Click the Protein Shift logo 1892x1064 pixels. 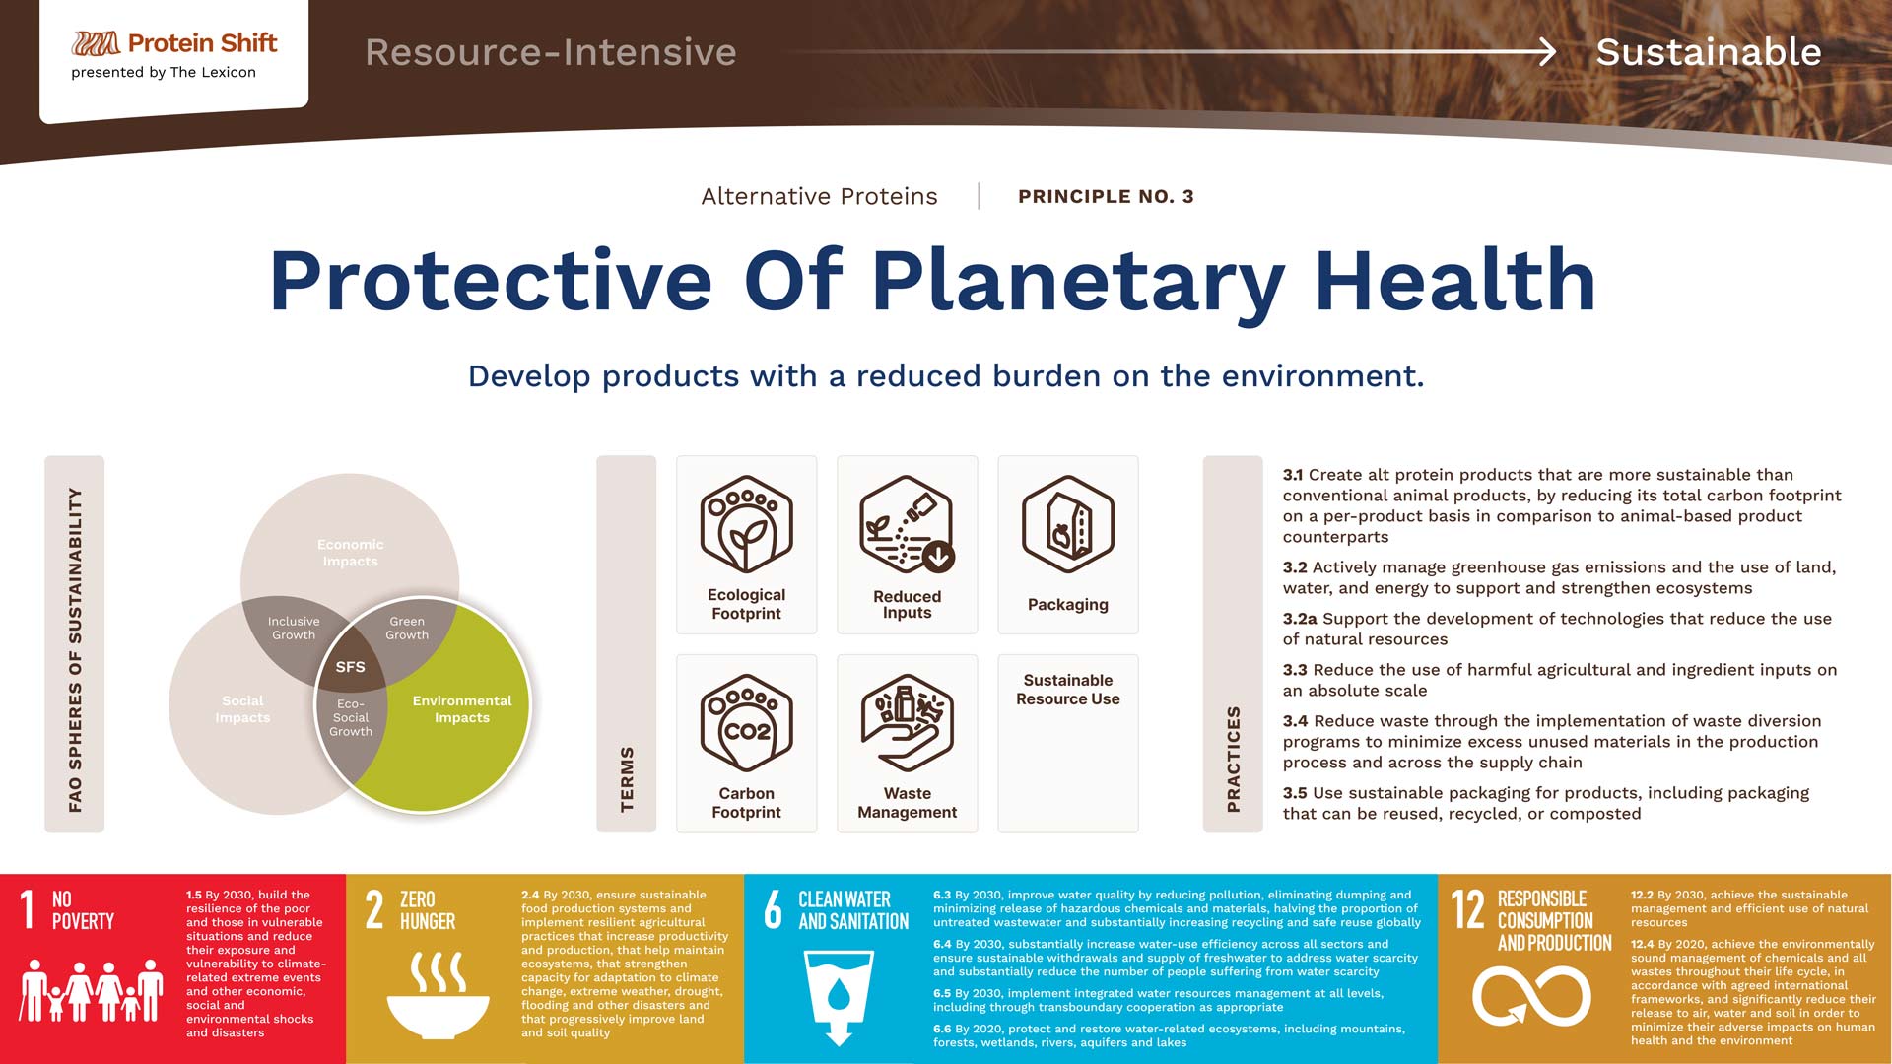[x=174, y=43]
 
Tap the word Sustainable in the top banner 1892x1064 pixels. [x=1709, y=52]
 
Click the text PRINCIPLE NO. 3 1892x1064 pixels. [x=1106, y=196]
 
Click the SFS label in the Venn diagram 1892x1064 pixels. [x=350, y=667]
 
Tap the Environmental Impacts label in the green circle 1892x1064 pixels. [x=462, y=709]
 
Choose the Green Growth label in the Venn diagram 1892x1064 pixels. [x=407, y=629]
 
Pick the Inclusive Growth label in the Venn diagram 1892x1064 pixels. [x=294, y=629]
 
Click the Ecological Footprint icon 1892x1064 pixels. [x=746, y=524]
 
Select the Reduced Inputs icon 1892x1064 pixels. [x=907, y=524]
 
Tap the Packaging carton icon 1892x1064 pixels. [x=1068, y=524]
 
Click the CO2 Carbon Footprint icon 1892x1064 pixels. [x=746, y=723]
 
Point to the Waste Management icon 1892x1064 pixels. [x=907, y=723]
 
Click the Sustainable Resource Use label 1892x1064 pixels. [x=1068, y=690]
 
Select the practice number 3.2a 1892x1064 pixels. [x=1300, y=619]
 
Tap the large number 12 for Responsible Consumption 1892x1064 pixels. [x=1467, y=909]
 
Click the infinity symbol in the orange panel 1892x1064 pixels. [x=1531, y=996]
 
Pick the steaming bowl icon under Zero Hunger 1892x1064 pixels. [x=438, y=995]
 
